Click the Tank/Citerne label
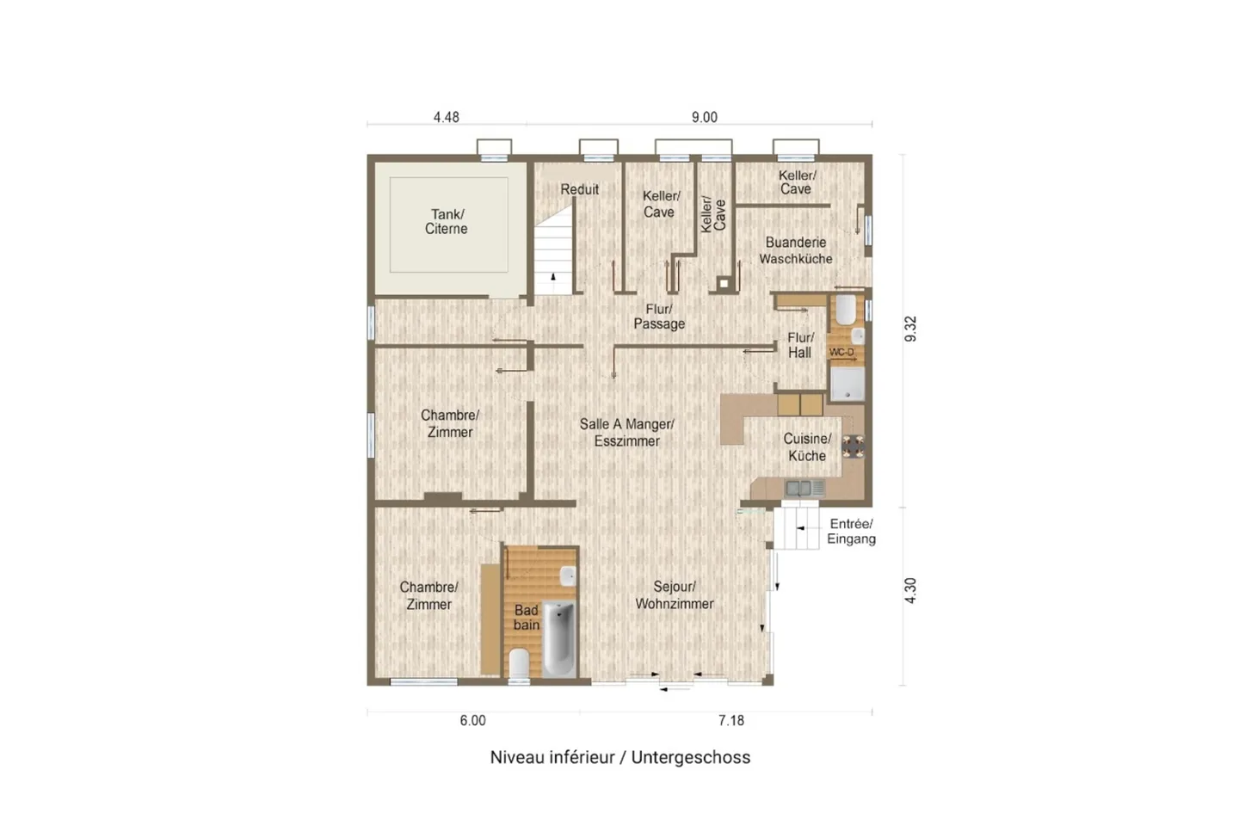point(447,221)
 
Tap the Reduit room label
point(579,189)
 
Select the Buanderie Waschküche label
point(795,250)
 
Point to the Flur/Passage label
point(659,317)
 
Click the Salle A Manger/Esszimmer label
point(626,433)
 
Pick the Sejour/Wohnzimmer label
point(675,595)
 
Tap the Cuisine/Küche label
point(807,446)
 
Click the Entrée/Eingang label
point(851,532)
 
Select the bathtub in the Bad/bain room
point(558,639)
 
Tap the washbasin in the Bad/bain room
point(568,576)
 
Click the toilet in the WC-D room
point(845,309)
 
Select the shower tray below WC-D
point(847,383)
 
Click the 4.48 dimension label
point(446,117)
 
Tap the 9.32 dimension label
point(910,329)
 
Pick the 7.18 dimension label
point(731,721)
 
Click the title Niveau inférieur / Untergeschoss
point(620,758)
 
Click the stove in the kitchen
point(854,446)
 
